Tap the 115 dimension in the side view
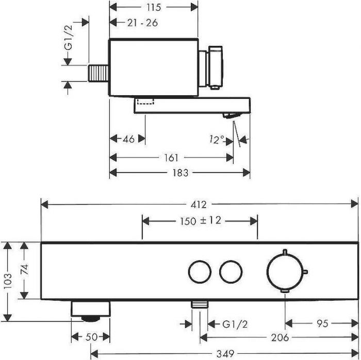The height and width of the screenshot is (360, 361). [154, 7]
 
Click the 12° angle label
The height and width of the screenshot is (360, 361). [217, 139]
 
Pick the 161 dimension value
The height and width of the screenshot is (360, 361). [172, 158]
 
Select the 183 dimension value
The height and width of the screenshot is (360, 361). [179, 173]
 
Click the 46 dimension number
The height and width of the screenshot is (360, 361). [129, 139]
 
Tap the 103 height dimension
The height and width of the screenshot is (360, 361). [7, 282]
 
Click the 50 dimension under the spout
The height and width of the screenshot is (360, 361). [90, 337]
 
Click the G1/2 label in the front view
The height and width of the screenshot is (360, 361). [235, 324]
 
